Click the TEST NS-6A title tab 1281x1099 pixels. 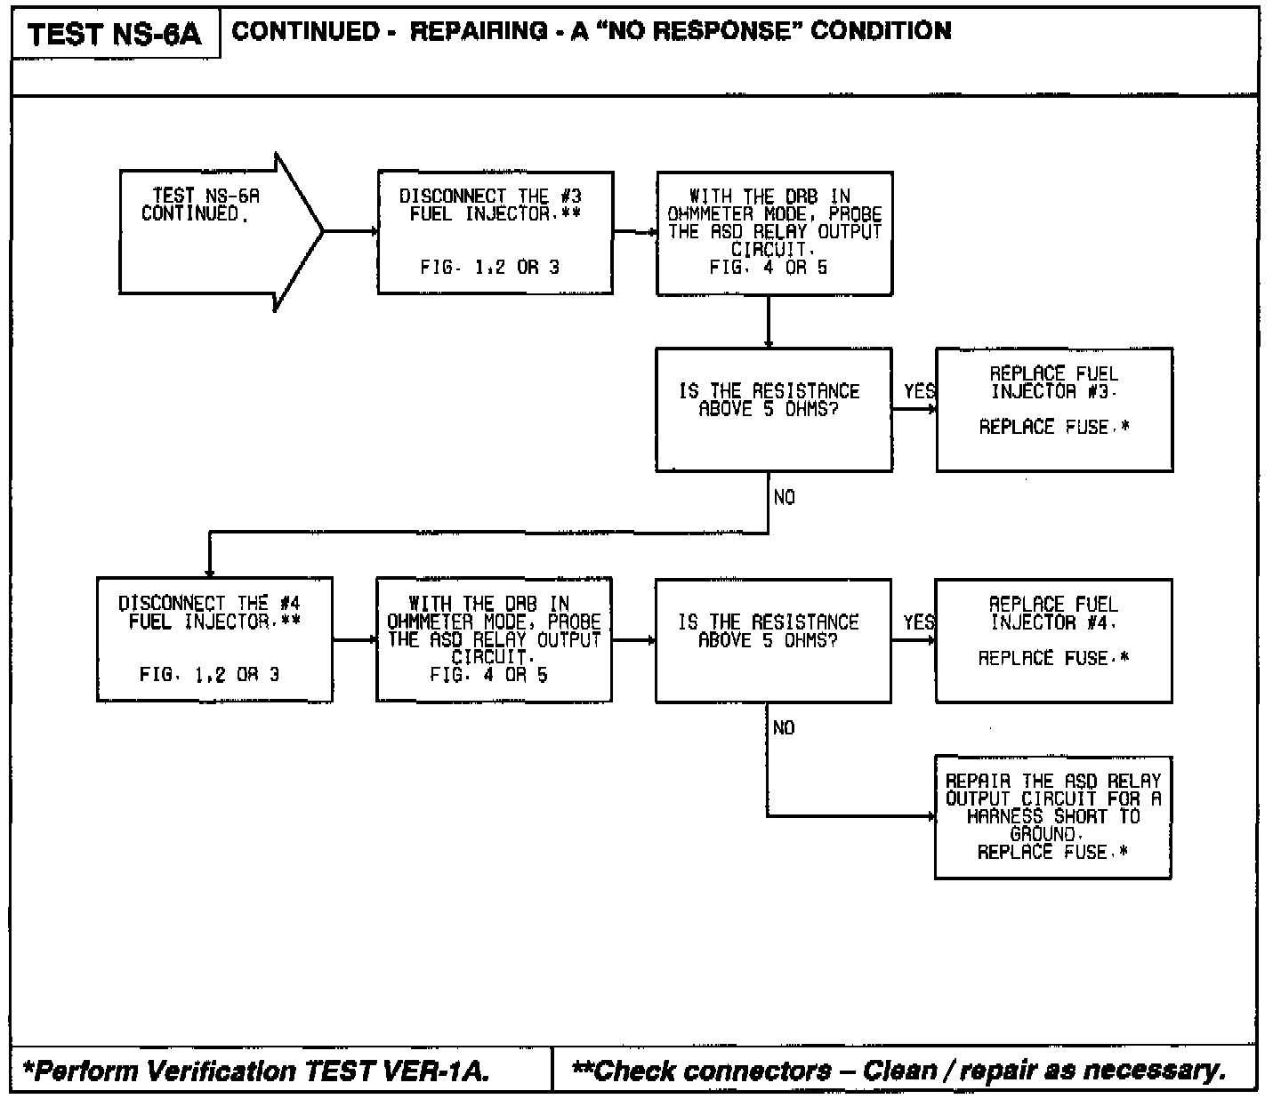[x=115, y=36]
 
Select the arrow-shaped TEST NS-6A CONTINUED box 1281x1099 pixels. [x=213, y=231]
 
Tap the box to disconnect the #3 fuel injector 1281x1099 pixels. [x=495, y=232]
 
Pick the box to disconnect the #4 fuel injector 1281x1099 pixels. [x=213, y=639]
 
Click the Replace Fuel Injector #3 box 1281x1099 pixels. [x=1054, y=409]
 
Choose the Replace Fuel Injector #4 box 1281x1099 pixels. [x=1053, y=640]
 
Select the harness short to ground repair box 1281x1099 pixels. [x=1052, y=817]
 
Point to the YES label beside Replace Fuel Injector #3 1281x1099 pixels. [x=919, y=392]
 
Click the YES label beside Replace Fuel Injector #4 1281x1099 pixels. [x=919, y=622]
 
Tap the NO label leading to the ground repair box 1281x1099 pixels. [x=784, y=728]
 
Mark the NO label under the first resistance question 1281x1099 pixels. [x=784, y=498]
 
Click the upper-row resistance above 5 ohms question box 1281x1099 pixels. [x=773, y=409]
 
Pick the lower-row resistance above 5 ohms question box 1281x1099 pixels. [x=772, y=640]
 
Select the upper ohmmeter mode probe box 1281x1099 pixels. [x=774, y=233]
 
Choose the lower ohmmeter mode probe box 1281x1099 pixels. [x=494, y=639]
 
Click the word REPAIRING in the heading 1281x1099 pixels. [x=479, y=31]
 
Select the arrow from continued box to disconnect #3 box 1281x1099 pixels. [x=350, y=231]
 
